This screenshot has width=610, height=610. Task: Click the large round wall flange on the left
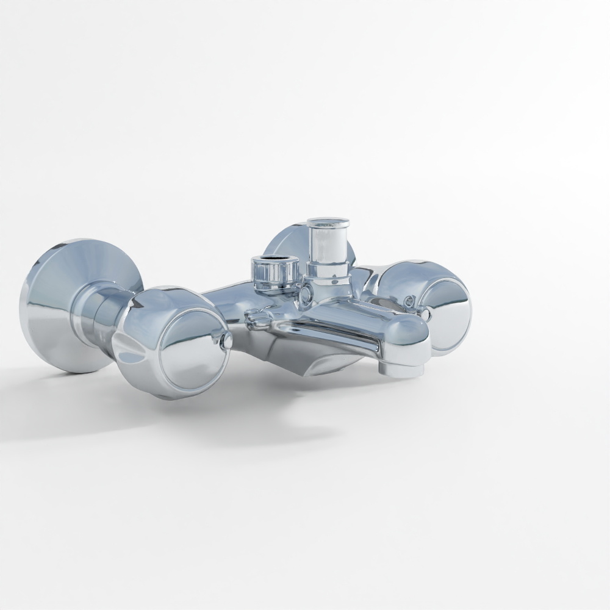[52, 305]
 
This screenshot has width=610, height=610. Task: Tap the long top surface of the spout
[354, 317]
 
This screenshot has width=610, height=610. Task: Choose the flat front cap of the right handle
[448, 308]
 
